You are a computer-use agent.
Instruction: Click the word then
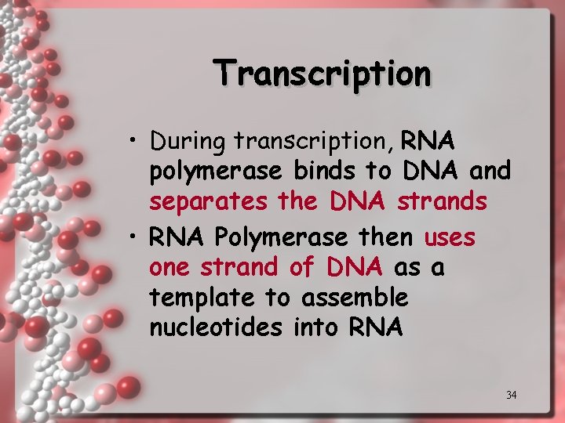pos(385,236)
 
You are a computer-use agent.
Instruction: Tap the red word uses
pos(450,237)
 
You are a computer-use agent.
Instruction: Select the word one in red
pos(169,268)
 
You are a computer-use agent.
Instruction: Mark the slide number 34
pos(511,395)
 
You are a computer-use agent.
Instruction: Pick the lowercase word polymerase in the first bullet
pos(216,171)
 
